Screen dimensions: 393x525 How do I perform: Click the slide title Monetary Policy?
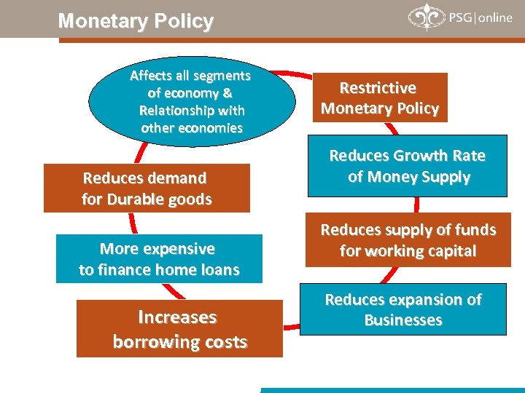coord(136,21)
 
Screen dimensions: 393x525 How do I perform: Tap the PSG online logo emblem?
coord(424,17)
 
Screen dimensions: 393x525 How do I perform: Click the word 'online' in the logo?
coord(495,17)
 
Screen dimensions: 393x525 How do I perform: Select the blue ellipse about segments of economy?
coord(192,101)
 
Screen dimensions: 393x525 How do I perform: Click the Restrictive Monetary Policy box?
coord(380,98)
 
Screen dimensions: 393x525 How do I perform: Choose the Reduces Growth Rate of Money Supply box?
coord(407,166)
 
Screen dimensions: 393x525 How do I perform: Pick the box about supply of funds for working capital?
coord(408,240)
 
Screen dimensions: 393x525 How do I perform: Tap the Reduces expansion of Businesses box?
coord(403,309)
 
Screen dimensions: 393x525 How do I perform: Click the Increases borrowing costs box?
coord(179,329)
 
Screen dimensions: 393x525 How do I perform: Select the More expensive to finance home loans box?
coord(159,259)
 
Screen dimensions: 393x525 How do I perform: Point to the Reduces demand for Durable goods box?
coord(147,188)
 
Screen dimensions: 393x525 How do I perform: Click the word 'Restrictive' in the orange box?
coord(378,88)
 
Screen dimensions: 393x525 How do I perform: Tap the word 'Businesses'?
coord(403,320)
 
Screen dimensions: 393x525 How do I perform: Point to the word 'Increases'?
coord(177,317)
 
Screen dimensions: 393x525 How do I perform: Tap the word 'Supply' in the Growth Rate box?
coord(443,177)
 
